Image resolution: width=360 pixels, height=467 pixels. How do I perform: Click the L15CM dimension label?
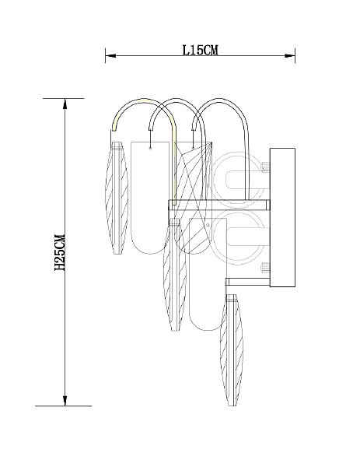click(x=200, y=50)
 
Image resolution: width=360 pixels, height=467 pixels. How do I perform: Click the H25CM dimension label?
click(x=60, y=252)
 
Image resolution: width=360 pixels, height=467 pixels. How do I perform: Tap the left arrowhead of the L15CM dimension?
click(x=110, y=55)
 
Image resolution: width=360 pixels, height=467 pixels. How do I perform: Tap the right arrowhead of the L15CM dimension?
click(x=290, y=55)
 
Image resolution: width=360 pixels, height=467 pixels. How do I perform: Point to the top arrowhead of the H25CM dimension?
click(x=65, y=104)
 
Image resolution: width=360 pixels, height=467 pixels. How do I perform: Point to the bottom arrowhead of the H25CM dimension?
click(x=65, y=401)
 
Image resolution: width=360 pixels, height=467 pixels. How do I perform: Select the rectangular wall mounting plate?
click(x=282, y=217)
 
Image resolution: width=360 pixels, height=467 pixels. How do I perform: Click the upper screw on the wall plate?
click(x=265, y=167)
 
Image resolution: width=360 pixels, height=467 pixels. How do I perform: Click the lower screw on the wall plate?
click(x=265, y=268)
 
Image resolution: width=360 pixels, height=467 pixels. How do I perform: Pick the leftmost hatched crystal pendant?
click(x=117, y=198)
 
